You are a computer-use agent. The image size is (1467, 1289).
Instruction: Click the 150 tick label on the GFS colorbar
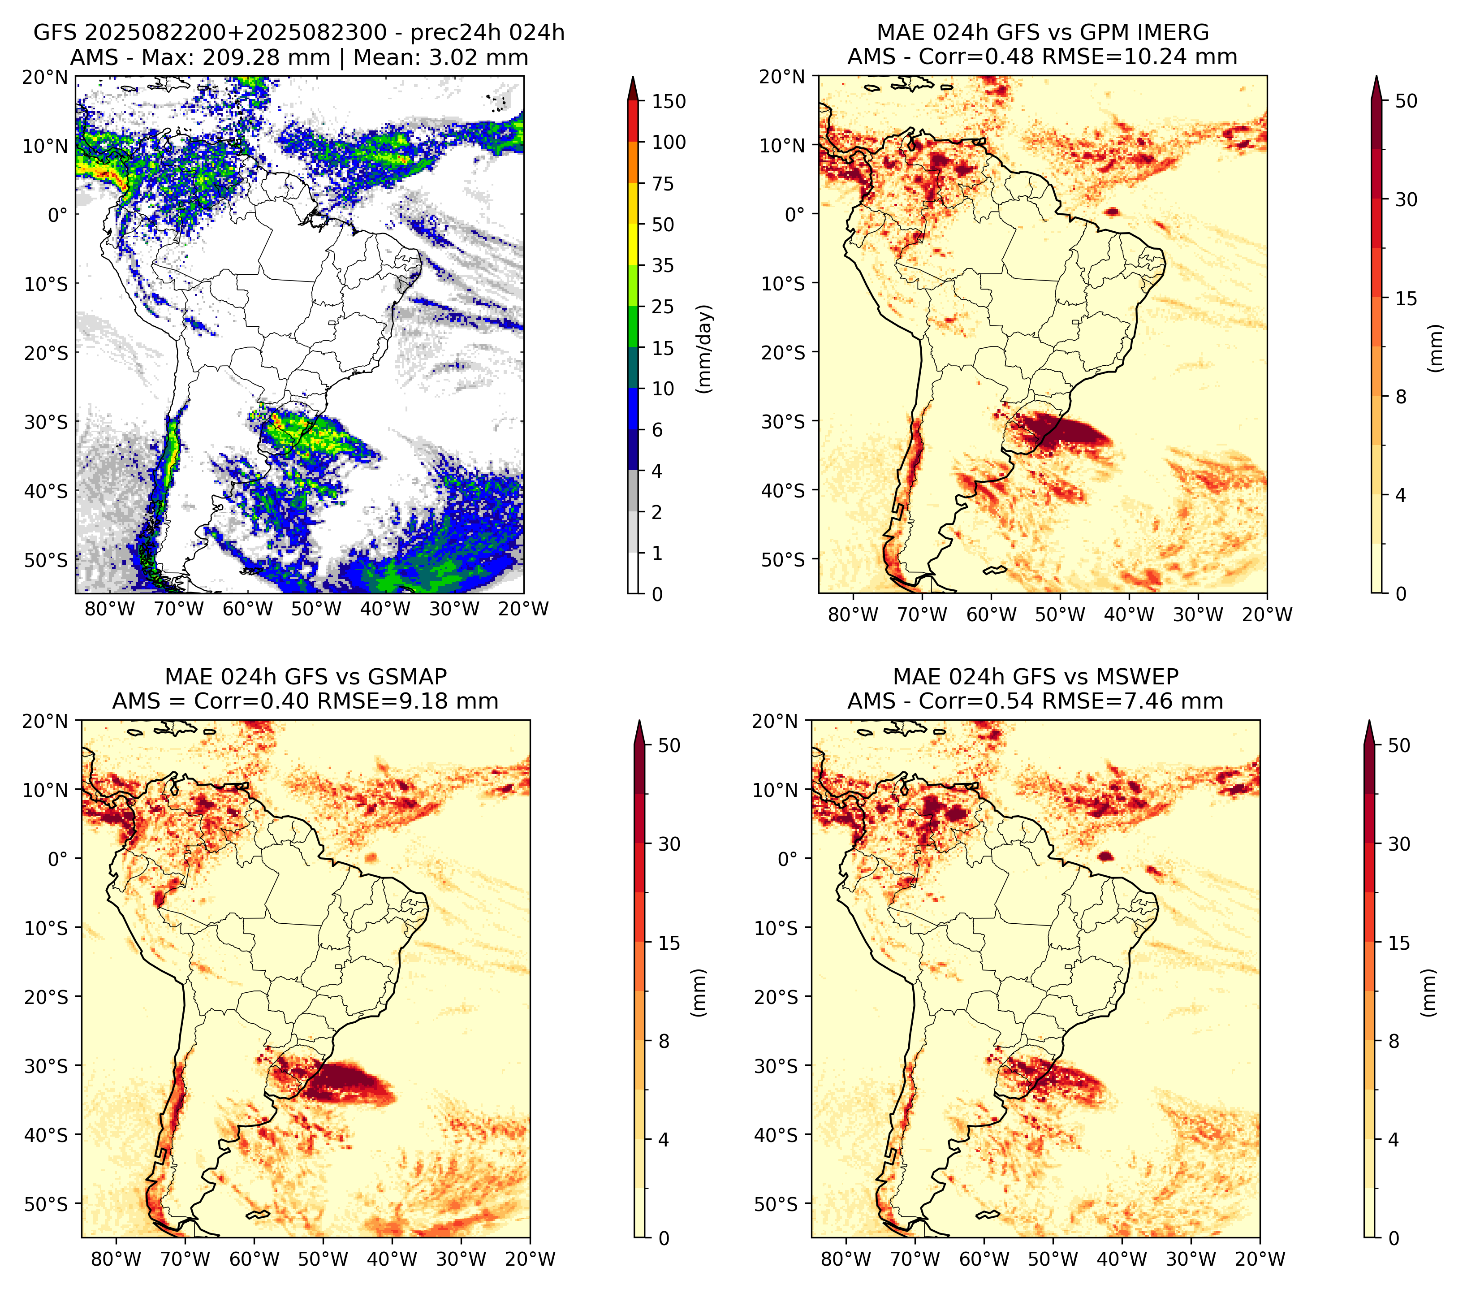[669, 101]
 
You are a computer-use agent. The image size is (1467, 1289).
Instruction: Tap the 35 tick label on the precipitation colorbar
[663, 265]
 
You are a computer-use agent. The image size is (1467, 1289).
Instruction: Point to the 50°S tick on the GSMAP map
[46, 1203]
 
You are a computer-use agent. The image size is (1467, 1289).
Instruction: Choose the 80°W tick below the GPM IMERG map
[853, 614]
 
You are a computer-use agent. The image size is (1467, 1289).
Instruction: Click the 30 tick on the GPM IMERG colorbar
[1406, 199]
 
